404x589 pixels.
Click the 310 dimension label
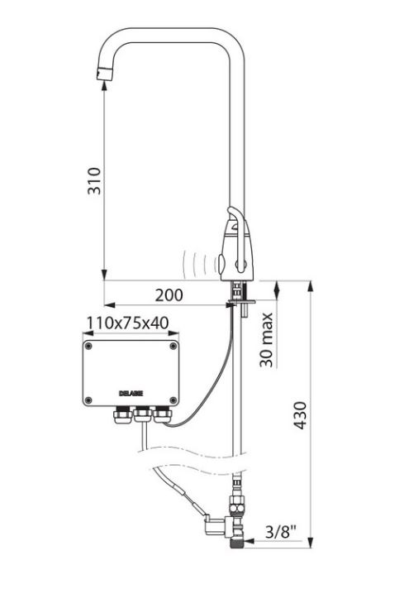[94, 181]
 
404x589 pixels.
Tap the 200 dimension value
[169, 295]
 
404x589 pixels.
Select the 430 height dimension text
[300, 415]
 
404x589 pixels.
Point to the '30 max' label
[267, 339]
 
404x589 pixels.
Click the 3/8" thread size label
[281, 531]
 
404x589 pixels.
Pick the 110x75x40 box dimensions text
[127, 323]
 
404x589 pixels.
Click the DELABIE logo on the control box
[131, 393]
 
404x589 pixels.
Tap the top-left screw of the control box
[88, 347]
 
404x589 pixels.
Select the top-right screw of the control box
[173, 346]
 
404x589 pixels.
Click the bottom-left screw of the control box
[89, 400]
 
